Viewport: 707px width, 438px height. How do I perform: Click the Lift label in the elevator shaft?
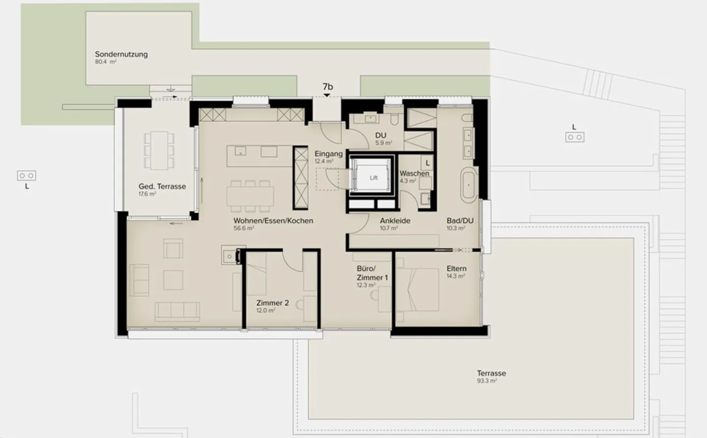point(374,178)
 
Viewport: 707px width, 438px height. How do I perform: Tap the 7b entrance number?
point(327,87)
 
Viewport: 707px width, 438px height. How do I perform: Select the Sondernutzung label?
point(121,54)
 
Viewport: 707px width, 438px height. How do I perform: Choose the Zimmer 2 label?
point(272,303)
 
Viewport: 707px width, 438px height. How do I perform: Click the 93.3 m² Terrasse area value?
point(487,381)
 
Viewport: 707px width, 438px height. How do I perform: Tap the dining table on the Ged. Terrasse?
point(159,150)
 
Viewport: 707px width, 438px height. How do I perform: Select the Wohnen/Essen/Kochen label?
point(273,221)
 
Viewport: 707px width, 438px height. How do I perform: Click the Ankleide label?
point(395,221)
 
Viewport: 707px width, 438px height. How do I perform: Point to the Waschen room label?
point(414,173)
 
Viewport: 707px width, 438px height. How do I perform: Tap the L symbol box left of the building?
point(27,176)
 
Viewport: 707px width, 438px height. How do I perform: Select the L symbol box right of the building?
point(574,137)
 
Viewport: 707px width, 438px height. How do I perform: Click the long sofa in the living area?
point(177,311)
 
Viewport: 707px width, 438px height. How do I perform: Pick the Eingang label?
point(328,154)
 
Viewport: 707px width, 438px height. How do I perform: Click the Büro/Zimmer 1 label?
point(372,273)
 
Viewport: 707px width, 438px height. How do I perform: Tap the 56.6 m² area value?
point(244,229)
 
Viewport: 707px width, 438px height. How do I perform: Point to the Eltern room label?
point(456,268)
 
